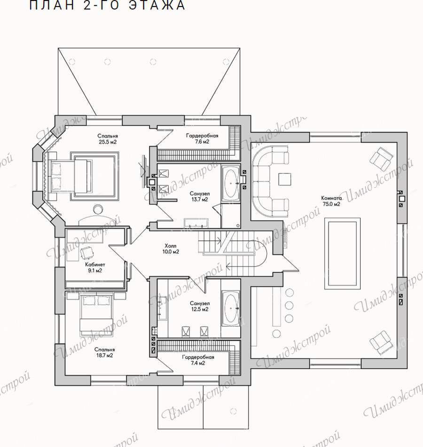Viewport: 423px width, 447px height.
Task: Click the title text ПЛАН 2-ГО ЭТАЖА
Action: tap(108, 5)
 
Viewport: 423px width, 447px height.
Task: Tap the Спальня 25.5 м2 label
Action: tap(108, 139)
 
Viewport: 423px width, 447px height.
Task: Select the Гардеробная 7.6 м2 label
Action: tap(202, 139)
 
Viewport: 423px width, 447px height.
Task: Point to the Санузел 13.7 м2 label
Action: tap(200, 196)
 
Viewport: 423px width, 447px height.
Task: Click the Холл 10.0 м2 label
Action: tap(171, 249)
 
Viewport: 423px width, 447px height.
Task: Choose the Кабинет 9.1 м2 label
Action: tap(95, 267)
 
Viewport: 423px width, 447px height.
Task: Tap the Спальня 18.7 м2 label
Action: tap(104, 353)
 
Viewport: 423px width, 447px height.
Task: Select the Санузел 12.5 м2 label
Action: tap(200, 306)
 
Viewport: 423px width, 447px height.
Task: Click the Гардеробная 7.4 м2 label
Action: tap(198, 360)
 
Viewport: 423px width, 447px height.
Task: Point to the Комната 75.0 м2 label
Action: tap(331, 201)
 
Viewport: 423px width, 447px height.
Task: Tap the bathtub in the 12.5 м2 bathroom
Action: tap(231, 308)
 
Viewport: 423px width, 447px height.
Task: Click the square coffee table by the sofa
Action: tap(285, 179)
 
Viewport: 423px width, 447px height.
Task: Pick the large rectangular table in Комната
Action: tap(342, 254)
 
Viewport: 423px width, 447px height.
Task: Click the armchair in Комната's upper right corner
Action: tap(381, 158)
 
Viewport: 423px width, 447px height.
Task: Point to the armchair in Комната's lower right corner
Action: tap(381, 343)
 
